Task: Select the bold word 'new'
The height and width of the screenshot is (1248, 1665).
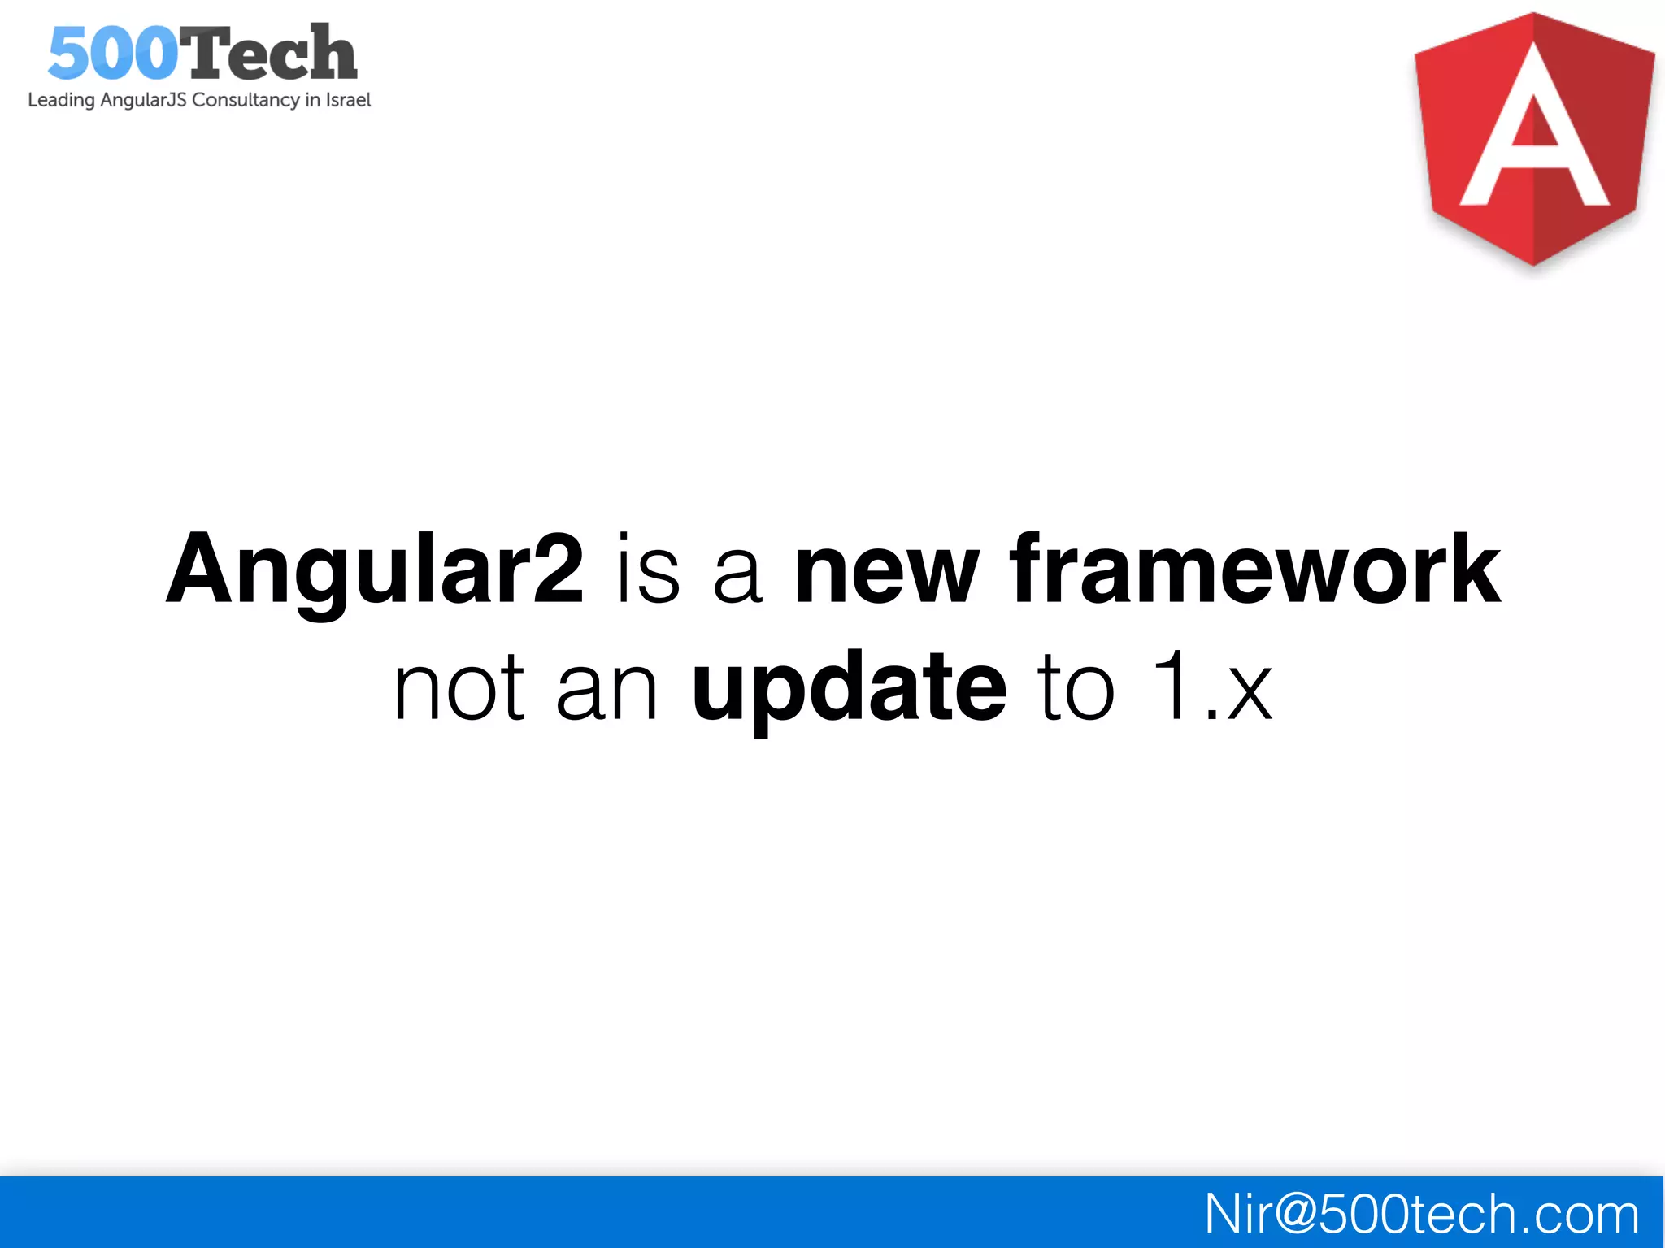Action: click(x=887, y=570)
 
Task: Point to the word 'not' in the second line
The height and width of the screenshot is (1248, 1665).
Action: click(x=459, y=689)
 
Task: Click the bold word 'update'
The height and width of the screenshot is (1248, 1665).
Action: click(x=849, y=689)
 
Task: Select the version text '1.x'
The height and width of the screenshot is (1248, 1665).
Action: click(x=1211, y=687)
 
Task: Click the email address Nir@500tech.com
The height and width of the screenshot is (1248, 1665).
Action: click(x=1421, y=1214)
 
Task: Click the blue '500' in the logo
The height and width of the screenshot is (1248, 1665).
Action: click(x=112, y=54)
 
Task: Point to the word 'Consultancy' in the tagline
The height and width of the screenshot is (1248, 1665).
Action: click(x=246, y=100)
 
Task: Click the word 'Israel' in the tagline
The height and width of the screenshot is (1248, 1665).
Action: click(x=348, y=100)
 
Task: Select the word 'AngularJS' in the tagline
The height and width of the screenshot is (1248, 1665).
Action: click(x=144, y=100)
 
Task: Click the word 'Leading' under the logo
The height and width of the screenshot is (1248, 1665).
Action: click(x=61, y=101)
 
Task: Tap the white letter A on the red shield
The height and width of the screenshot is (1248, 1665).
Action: click(x=1534, y=130)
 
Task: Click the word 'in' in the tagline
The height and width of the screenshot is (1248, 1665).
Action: click(x=313, y=100)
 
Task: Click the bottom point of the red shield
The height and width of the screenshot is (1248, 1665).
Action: click(x=1533, y=262)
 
